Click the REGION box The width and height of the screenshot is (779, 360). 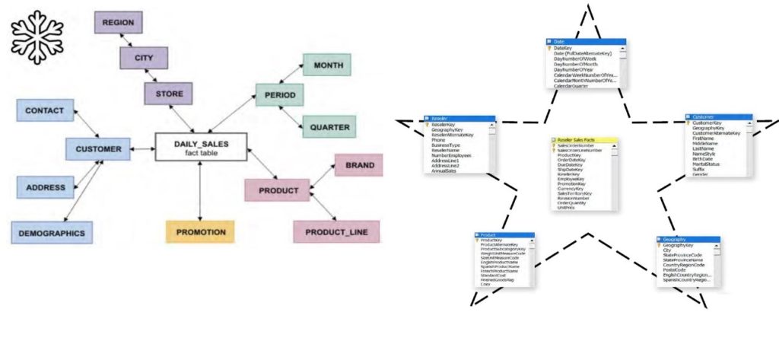click(x=118, y=23)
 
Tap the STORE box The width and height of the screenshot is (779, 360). click(x=168, y=94)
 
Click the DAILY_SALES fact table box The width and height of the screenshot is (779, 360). click(x=201, y=147)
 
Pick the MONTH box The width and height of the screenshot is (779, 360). click(x=326, y=65)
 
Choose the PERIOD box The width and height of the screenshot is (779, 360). click(x=279, y=95)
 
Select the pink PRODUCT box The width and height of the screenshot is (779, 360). click(x=277, y=190)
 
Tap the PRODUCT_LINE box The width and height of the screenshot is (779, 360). click(x=336, y=231)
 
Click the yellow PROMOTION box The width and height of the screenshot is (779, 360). click(x=200, y=231)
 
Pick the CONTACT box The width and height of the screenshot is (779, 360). click(x=45, y=110)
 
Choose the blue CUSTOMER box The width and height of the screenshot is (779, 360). click(x=98, y=149)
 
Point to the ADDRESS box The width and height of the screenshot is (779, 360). click(x=45, y=187)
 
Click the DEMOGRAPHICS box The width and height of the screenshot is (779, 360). click(x=52, y=233)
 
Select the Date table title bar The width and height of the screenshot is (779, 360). click(x=586, y=41)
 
